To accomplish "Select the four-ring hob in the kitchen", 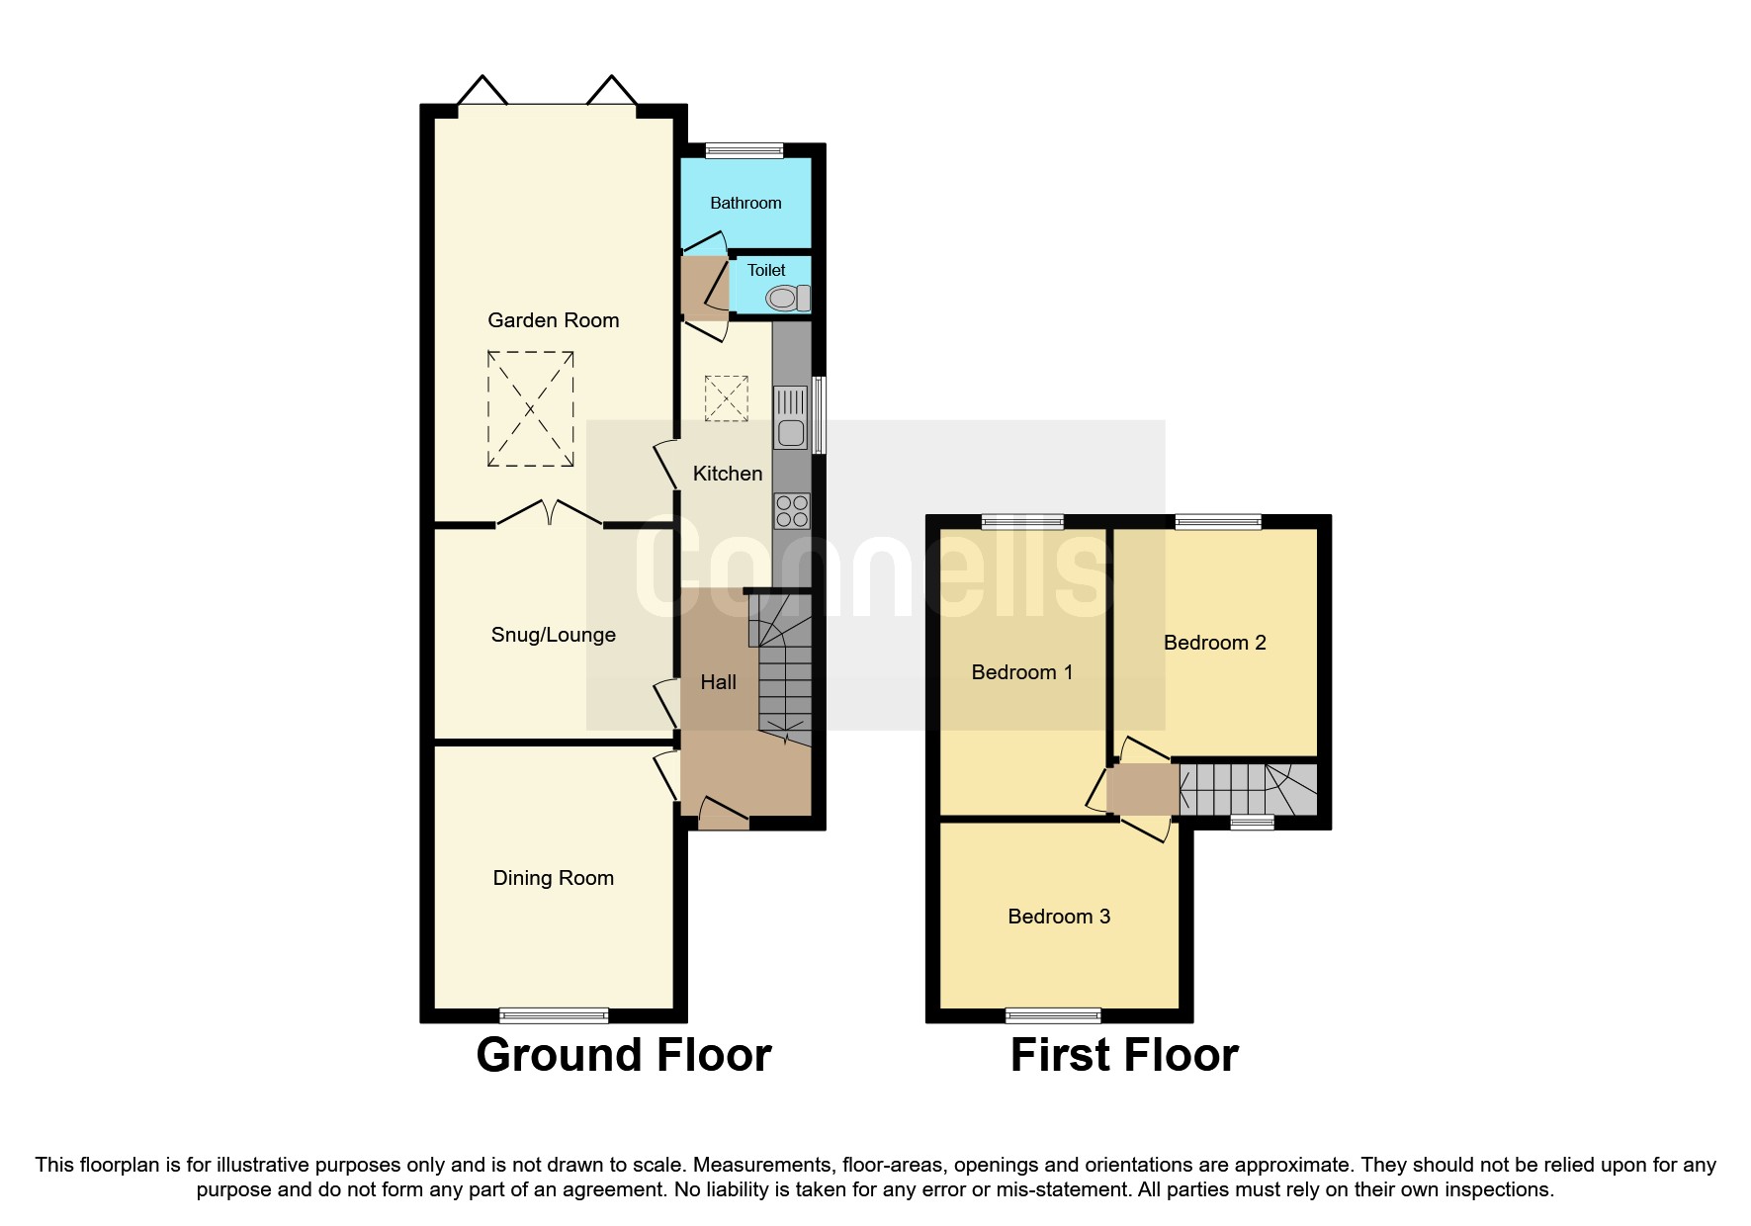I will point(792,511).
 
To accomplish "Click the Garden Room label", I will point(553,320).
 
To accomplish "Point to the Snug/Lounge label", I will point(553,635).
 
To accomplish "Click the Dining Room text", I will point(553,878).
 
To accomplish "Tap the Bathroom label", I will point(745,203).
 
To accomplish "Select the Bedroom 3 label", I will point(1058,917).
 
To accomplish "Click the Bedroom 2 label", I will point(1214,643).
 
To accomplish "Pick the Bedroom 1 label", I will point(1021,672).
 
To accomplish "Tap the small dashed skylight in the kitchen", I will point(726,398).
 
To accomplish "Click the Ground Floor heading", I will point(623,1055).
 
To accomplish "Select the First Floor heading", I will point(1123,1055).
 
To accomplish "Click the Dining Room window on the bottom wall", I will point(553,1014).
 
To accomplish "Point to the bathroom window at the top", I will point(744,150).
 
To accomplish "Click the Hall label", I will point(718,682).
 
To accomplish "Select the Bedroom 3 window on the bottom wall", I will point(1052,1014).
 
